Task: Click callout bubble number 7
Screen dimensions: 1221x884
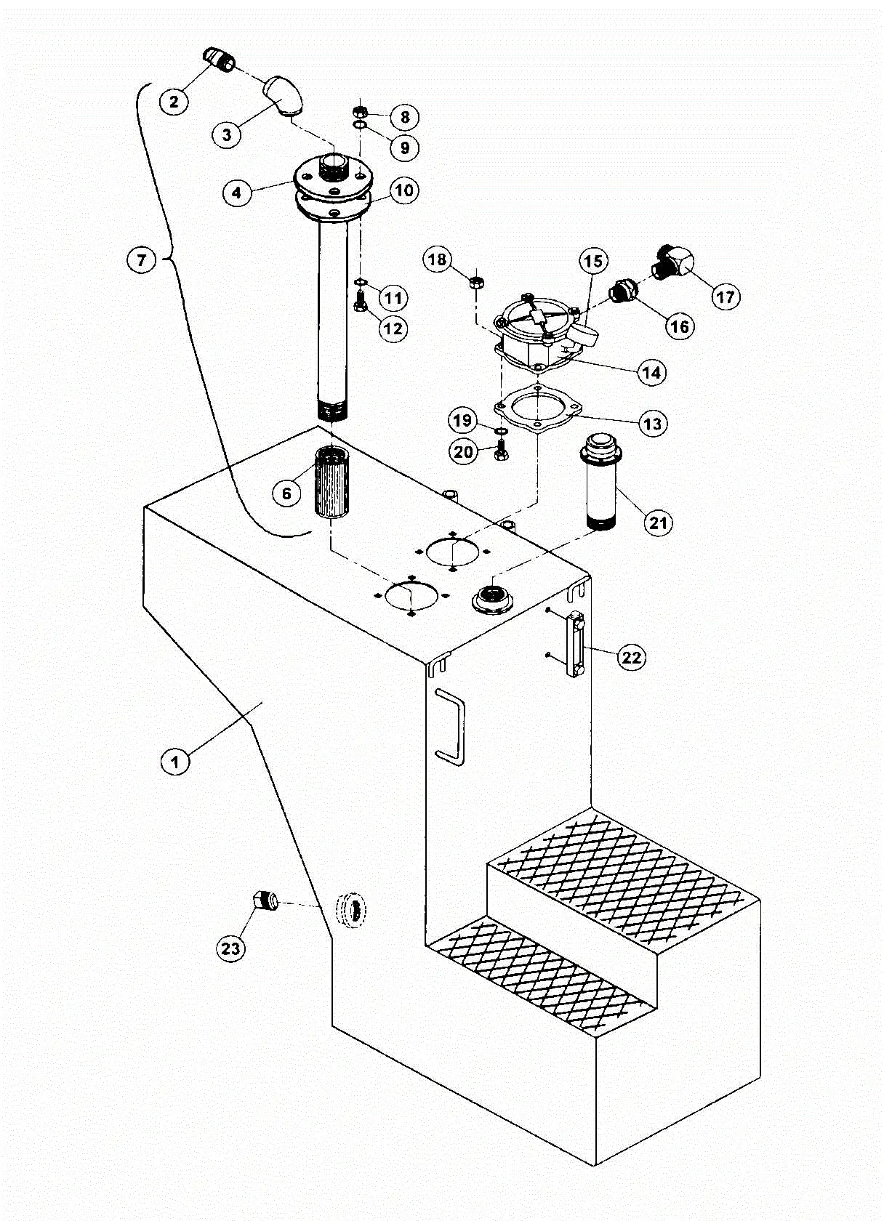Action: (x=142, y=259)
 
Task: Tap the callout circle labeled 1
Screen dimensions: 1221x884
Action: (x=174, y=762)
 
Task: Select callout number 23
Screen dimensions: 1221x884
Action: (x=230, y=948)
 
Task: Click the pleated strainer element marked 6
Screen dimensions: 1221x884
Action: (x=331, y=483)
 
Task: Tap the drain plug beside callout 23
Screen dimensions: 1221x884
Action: (x=267, y=900)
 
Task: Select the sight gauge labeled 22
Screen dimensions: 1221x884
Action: (x=576, y=645)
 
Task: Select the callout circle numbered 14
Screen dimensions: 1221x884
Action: (x=651, y=372)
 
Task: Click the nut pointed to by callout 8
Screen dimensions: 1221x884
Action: (x=359, y=112)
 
